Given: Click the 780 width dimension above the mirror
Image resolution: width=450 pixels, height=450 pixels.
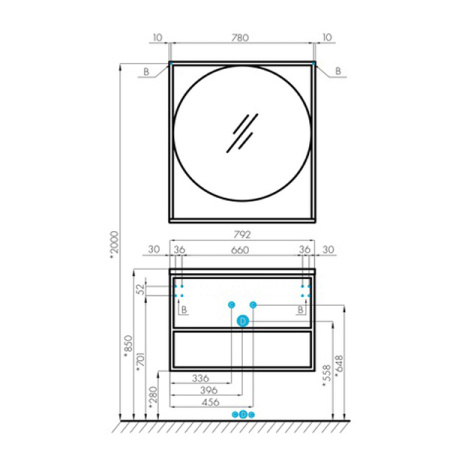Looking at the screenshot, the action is [240, 38].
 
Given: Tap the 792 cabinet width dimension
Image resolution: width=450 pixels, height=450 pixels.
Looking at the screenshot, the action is [242, 235].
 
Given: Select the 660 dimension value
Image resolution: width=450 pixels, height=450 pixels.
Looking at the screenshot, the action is [240, 250].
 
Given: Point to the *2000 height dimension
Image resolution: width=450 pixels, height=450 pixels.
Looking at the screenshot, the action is [114, 245].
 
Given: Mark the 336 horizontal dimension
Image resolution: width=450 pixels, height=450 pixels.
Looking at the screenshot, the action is [200, 378].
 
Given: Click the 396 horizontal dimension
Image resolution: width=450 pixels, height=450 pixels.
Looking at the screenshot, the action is [209, 390].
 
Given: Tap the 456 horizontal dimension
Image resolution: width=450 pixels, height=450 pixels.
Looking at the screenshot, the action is [211, 402].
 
